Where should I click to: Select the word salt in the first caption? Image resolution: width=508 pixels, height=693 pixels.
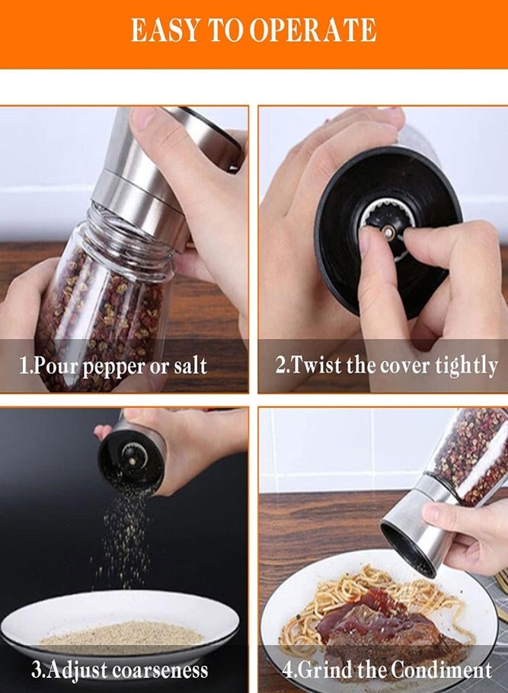pyautogui.click(x=189, y=366)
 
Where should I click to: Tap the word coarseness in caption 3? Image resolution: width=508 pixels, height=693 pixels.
pyautogui.click(x=160, y=670)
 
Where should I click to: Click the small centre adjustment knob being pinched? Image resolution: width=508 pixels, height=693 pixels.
pyautogui.click(x=388, y=231)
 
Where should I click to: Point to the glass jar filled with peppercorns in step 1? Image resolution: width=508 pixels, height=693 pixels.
pyautogui.click(x=103, y=305)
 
